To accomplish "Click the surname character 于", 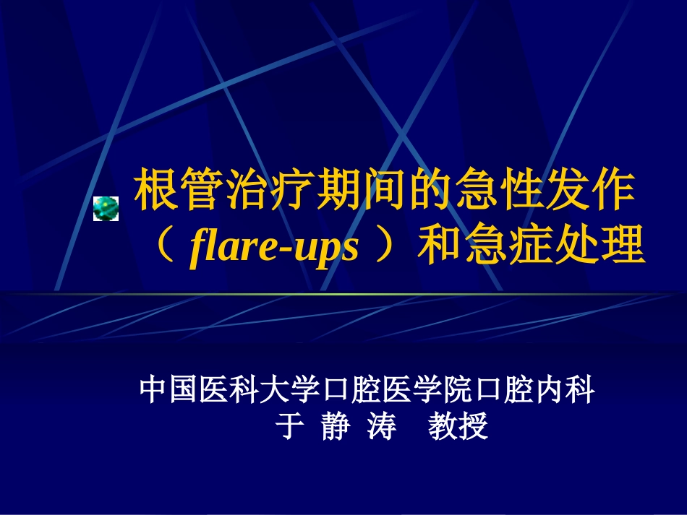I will click(x=288, y=426).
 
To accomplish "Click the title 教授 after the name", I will click(x=458, y=426).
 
